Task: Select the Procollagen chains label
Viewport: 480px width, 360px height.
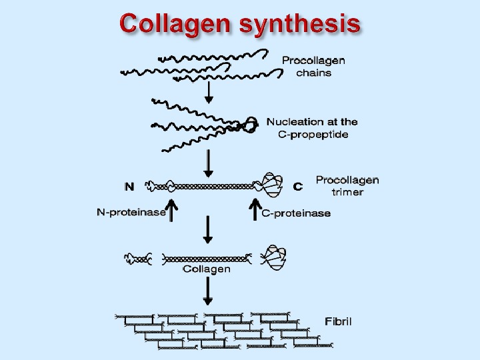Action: click(x=313, y=67)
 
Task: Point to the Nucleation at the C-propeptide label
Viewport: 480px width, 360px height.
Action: click(x=312, y=128)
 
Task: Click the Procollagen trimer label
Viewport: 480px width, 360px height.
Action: click(x=347, y=186)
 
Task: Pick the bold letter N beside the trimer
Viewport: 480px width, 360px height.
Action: click(x=129, y=187)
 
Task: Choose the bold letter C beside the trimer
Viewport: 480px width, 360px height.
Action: click(x=298, y=187)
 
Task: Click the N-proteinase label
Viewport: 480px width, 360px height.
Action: click(x=131, y=213)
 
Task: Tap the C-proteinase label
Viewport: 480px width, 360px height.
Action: click(x=295, y=213)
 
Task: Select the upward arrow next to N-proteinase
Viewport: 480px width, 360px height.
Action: click(x=172, y=209)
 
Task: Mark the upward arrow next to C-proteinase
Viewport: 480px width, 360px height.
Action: click(x=254, y=209)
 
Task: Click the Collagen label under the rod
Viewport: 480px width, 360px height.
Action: click(x=207, y=269)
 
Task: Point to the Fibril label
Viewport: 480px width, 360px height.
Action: click(x=338, y=321)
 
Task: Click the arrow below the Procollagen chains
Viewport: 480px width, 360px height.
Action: click(x=209, y=92)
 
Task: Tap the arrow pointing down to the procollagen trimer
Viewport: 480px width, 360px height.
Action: click(x=209, y=161)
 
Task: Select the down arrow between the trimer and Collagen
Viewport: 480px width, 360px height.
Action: click(x=209, y=231)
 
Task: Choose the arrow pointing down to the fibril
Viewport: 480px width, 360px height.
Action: click(x=209, y=292)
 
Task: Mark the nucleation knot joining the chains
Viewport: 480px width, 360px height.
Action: click(x=249, y=124)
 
